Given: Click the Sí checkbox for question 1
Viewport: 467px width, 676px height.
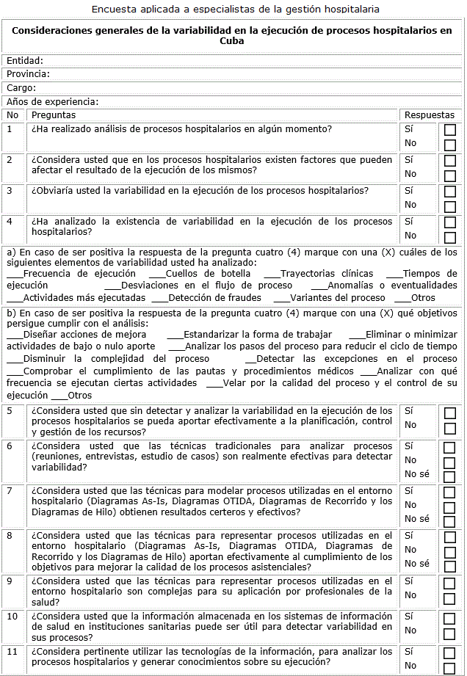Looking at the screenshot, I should click(x=450, y=130).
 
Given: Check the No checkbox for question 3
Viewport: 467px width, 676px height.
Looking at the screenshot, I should click(x=450, y=207).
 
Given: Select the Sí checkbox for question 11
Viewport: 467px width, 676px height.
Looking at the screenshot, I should click(x=450, y=653).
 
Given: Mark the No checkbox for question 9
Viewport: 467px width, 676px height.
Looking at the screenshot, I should click(x=450, y=597).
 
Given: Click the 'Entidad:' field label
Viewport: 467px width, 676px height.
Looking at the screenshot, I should click(x=25, y=61).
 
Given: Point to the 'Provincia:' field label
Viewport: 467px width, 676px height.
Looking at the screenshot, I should click(x=28, y=74).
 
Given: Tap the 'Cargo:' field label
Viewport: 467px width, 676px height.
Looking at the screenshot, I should click(x=21, y=88).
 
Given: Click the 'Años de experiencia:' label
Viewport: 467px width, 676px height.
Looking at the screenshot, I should click(x=52, y=102).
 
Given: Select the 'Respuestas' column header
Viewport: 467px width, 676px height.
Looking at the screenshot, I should click(x=430, y=115).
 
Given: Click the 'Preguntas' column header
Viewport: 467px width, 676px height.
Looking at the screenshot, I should click(x=54, y=115).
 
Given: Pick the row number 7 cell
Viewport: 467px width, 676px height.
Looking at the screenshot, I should click(x=10, y=490).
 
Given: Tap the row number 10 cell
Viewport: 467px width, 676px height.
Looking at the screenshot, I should click(x=12, y=617).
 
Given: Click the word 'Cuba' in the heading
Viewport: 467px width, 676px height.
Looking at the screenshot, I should click(x=232, y=42).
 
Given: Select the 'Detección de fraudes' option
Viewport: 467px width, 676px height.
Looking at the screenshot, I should click(x=214, y=298).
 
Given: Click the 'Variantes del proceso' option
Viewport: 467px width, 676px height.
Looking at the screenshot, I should click(x=337, y=298).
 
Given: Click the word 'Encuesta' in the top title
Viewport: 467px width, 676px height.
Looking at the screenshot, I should click(x=113, y=10).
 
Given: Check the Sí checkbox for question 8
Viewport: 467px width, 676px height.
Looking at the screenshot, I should click(x=450, y=537).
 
